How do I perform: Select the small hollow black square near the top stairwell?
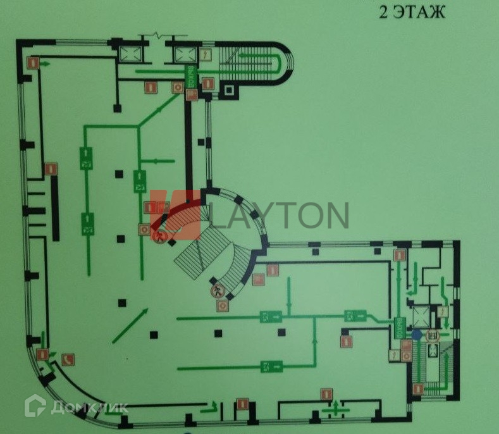230,90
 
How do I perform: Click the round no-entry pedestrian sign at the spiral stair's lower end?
217,291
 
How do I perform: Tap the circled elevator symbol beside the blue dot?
433,337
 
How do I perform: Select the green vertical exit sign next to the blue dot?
400,326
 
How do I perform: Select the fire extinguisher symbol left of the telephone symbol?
42,355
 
